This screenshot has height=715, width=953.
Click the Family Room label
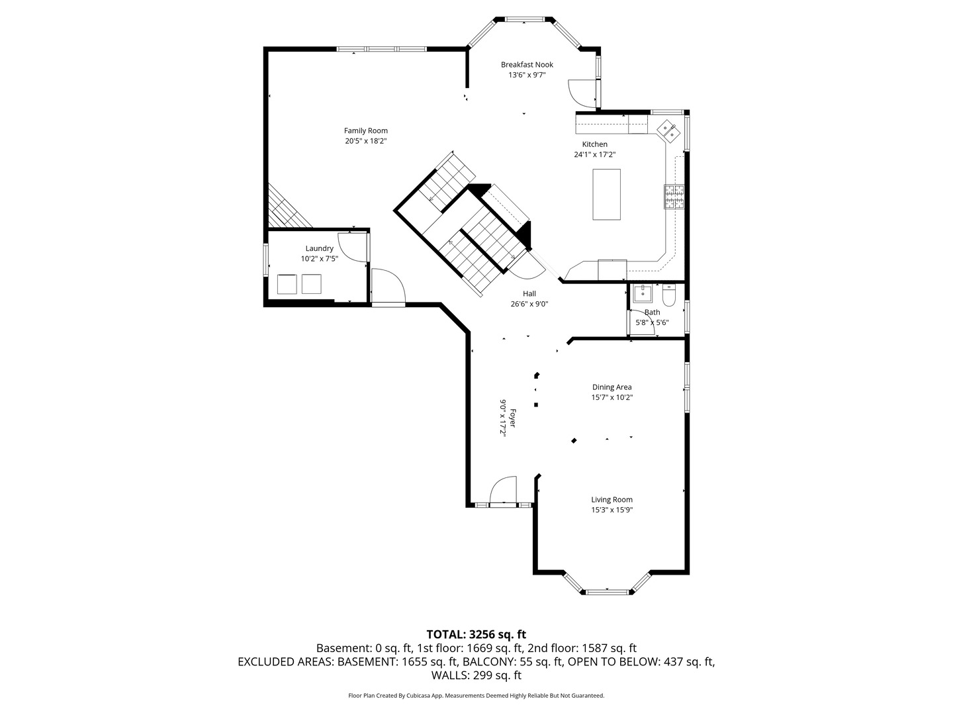[365, 130]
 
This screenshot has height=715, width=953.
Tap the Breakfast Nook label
[527, 64]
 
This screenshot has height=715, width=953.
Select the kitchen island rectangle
[606, 195]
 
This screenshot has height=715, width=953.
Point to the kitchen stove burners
[674, 197]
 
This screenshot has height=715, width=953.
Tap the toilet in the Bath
[669, 295]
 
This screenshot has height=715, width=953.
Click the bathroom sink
[643, 294]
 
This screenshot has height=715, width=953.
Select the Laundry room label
[319, 248]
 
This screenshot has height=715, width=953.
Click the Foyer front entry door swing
[503, 491]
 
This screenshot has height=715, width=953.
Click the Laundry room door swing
[353, 246]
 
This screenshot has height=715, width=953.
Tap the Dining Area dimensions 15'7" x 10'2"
[612, 397]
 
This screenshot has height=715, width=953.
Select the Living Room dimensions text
[612, 510]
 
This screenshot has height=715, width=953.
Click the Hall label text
[529, 293]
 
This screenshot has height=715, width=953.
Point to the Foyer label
[512, 418]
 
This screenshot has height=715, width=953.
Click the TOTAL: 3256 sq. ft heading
[476, 634]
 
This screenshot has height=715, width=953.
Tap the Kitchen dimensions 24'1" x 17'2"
[595, 154]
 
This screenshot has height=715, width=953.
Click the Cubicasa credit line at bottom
[476, 695]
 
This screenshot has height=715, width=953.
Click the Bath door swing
[643, 321]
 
